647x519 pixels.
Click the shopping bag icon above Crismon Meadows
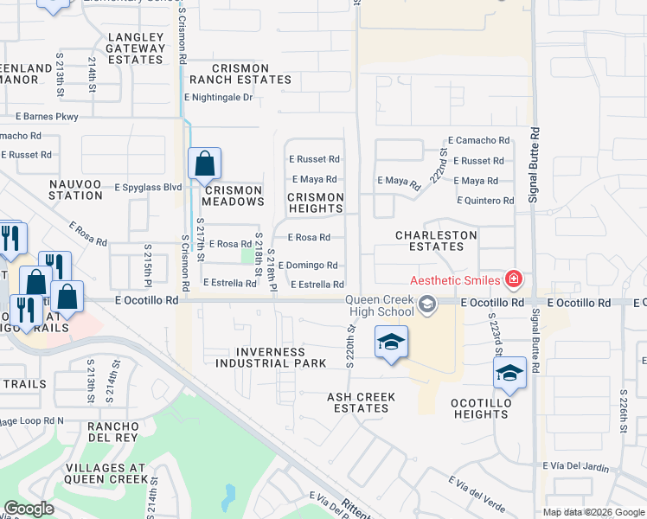tap(204, 163)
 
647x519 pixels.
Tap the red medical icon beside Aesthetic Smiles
tap(514, 279)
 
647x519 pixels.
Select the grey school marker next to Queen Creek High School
tap(425, 304)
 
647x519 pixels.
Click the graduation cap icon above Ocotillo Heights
tap(509, 373)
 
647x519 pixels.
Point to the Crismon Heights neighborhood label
tap(316, 202)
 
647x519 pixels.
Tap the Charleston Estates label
tap(436, 240)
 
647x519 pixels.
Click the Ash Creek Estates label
tap(362, 402)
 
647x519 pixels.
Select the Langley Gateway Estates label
tap(136, 48)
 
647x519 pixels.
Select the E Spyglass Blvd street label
tap(149, 186)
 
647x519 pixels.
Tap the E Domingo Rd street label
tap(307, 266)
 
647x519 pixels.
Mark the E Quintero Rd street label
tap(484, 201)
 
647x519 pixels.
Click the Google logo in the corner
tap(29, 509)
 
